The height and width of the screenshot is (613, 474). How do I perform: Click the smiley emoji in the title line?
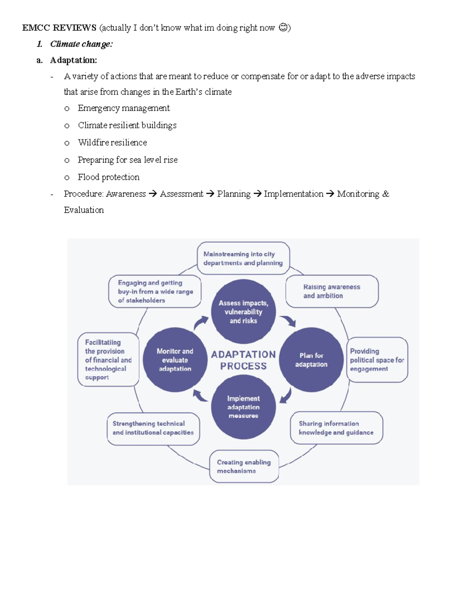(283, 28)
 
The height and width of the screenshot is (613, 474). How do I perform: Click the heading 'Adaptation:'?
(73, 60)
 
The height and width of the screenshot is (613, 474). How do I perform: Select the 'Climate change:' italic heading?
(81, 44)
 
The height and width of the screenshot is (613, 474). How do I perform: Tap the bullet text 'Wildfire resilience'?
(112, 142)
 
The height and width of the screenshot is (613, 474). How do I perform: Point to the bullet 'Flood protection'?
(109, 177)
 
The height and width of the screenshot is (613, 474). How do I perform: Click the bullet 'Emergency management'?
(124, 108)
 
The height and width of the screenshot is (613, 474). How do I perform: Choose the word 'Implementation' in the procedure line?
(293, 194)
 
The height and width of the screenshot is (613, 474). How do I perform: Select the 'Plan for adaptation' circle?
(311, 360)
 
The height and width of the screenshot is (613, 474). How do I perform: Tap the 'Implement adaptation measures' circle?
(243, 407)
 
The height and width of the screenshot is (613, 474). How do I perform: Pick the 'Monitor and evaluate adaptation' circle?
(175, 360)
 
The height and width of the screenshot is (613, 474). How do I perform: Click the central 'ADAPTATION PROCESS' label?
(243, 360)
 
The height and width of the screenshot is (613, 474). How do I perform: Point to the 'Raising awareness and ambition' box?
(332, 291)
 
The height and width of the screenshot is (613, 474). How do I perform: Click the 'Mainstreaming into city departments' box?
(243, 259)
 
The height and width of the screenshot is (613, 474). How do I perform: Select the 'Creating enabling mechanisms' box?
(244, 466)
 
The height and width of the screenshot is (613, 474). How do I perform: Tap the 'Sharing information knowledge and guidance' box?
(336, 428)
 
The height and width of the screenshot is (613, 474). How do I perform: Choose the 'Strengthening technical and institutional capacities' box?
(153, 428)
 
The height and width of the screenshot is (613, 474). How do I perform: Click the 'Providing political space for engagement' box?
(377, 360)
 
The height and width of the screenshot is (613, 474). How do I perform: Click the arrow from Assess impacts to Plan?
(288, 321)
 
